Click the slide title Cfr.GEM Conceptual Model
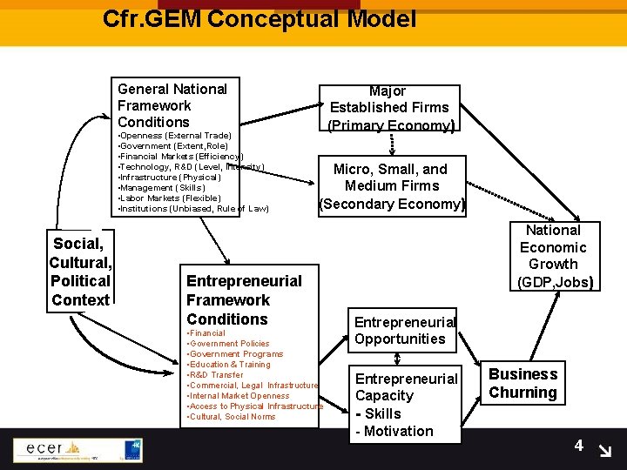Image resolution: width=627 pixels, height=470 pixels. (259, 18)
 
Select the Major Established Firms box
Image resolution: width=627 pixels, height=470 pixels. (388, 108)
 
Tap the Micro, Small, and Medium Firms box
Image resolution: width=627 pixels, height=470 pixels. (392, 186)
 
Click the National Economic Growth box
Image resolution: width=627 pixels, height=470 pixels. (553, 256)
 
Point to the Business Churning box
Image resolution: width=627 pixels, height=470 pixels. (522, 383)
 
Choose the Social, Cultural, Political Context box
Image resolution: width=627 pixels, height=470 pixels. (80, 272)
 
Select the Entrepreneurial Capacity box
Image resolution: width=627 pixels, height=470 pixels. (406, 404)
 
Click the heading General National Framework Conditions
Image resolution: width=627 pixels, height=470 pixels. (172, 105)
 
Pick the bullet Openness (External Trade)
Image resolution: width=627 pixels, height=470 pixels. (175, 136)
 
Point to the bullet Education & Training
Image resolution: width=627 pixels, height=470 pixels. (229, 365)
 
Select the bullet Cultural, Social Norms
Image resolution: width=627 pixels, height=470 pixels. (232, 417)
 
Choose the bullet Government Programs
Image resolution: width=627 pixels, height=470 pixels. (235, 354)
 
